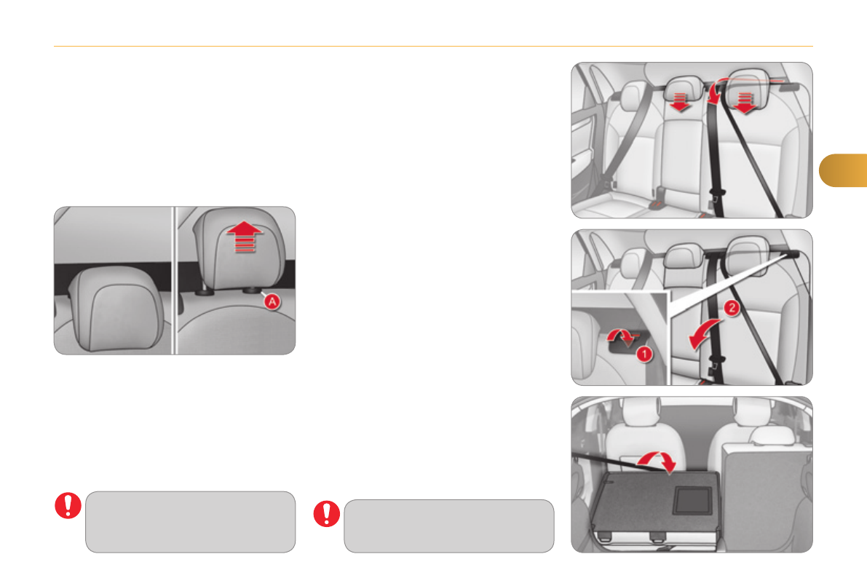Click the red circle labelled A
272,301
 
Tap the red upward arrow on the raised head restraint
245,237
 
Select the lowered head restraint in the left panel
117,309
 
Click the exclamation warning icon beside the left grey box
68,505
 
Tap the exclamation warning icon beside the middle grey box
327,514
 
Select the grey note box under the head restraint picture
190,521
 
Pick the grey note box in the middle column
449,526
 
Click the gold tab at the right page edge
843,170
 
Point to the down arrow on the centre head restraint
680,102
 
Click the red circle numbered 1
644,354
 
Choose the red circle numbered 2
732,307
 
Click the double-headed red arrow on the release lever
623,337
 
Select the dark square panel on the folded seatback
692,501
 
